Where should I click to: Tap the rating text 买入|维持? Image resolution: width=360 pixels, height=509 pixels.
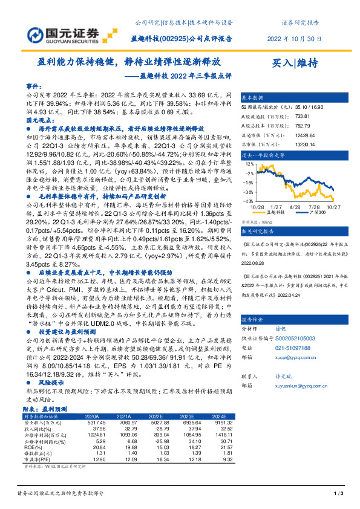coord(295,62)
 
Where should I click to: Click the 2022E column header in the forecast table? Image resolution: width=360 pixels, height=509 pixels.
coord(156,417)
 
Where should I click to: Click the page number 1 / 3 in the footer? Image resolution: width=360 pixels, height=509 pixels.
coord(339,494)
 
